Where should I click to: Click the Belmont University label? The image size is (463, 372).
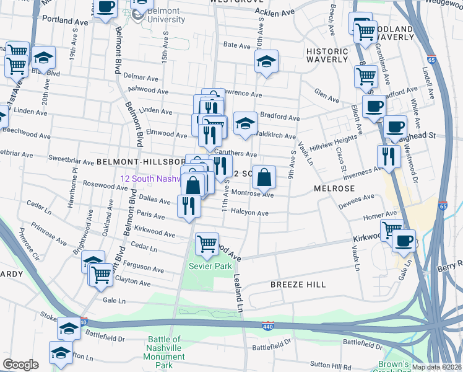click(166, 15)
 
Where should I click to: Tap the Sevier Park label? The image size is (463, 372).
click(210, 266)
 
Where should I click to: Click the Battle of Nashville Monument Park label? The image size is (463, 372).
click(164, 352)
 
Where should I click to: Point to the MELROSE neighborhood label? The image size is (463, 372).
click(334, 188)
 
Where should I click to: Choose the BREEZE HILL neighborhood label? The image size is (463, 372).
click(298, 284)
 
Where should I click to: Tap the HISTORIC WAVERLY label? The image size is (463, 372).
click(327, 55)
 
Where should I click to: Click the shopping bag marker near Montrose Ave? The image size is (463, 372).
click(264, 177)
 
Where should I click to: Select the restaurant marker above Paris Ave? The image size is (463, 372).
click(189, 205)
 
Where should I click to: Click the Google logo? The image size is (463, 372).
click(20, 365)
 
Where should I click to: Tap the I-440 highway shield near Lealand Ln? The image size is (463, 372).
click(267, 325)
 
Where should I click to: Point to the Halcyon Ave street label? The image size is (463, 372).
click(249, 213)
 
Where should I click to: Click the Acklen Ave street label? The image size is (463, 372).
click(275, 12)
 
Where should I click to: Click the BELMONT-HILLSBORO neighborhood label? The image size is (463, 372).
click(141, 161)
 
